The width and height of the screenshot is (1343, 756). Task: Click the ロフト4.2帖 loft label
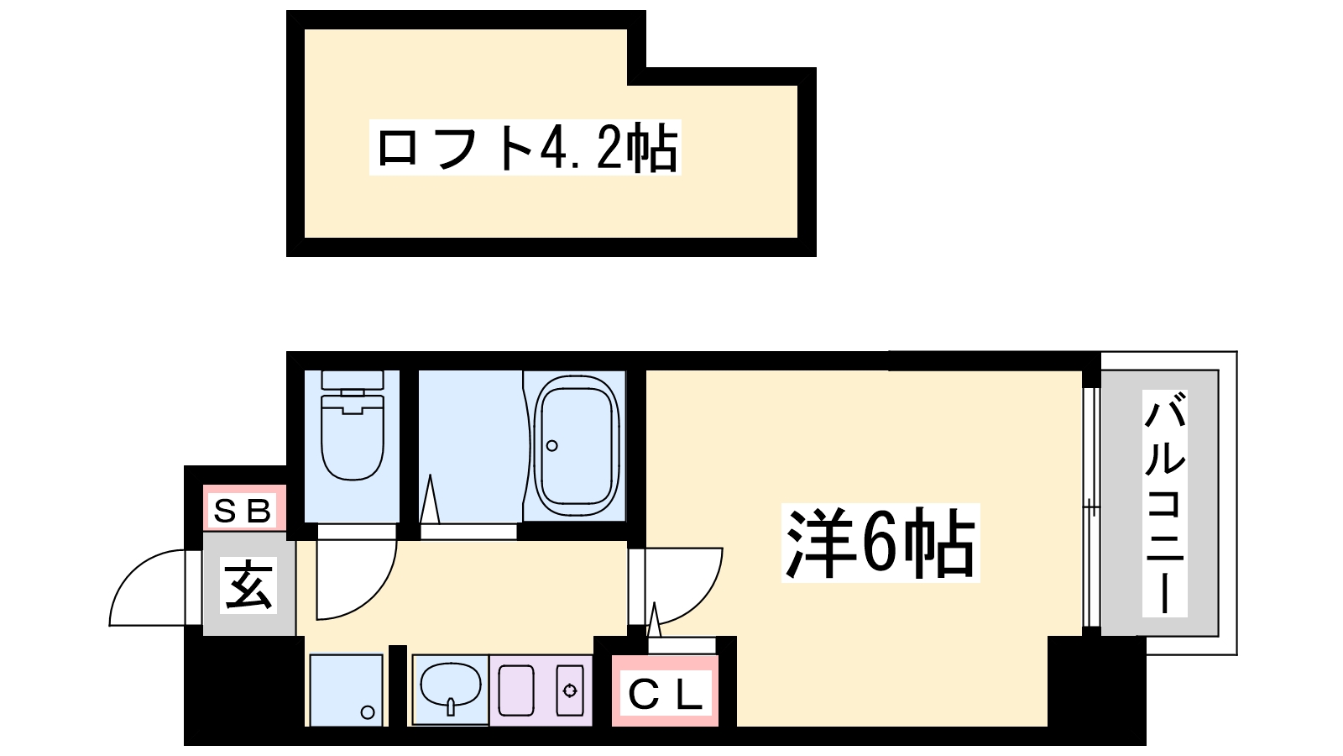click(x=525, y=148)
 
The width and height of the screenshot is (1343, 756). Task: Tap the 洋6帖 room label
click(x=880, y=543)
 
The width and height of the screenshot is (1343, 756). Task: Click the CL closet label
click(x=665, y=694)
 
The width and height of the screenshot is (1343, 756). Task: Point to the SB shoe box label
click(x=243, y=510)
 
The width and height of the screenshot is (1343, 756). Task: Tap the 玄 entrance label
click(x=248, y=585)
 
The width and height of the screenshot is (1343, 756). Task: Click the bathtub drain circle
click(x=552, y=445)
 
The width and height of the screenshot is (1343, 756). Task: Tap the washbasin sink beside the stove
click(x=451, y=687)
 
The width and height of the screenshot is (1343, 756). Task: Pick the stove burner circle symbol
click(x=571, y=690)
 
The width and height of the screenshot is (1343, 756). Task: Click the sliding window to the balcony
click(x=1090, y=507)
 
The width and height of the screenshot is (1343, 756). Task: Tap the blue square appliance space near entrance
click(x=346, y=690)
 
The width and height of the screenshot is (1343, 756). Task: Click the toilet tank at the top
click(x=353, y=382)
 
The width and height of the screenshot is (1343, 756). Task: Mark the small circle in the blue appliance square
click(x=368, y=712)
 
